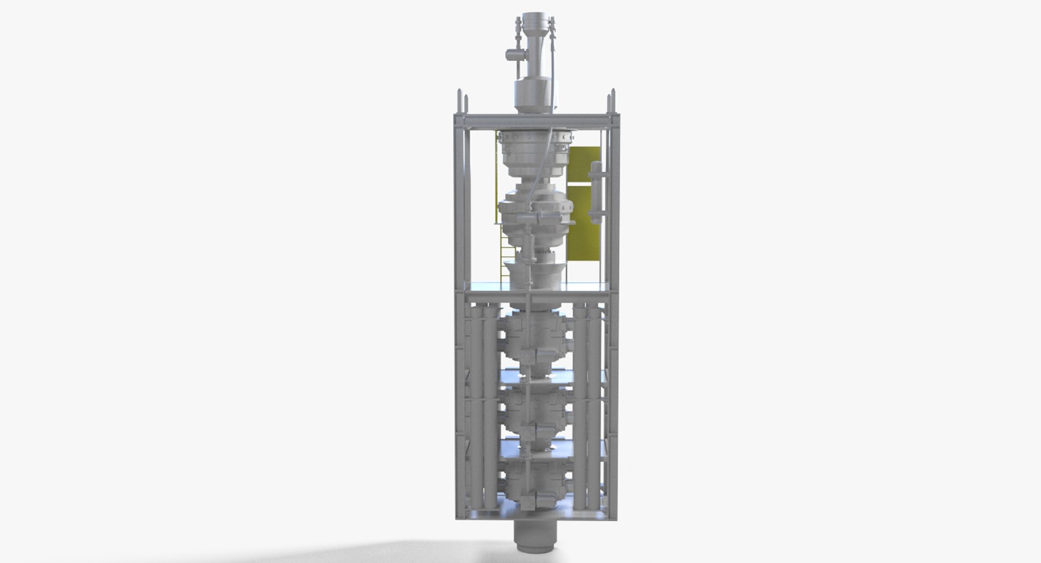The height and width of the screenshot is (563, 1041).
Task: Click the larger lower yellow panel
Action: [x=583, y=233]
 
